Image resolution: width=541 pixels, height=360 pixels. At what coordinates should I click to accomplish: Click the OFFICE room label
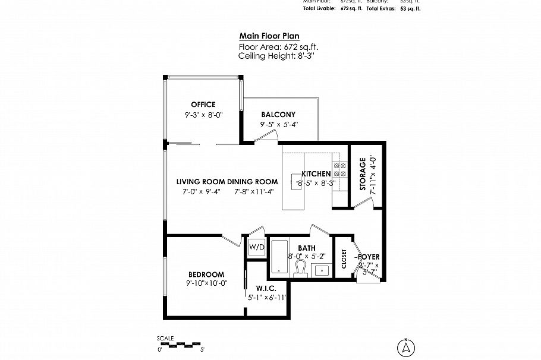203,105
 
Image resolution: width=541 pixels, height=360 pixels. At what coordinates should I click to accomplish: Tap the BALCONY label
278,114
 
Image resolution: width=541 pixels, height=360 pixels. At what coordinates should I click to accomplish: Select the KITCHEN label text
316,173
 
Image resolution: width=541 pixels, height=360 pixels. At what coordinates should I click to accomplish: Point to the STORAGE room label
363,175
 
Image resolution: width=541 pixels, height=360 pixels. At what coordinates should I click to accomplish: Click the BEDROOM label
206,274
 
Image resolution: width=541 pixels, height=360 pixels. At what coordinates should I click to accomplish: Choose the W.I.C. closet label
267,289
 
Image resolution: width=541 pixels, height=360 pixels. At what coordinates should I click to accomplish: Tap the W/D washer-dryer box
257,247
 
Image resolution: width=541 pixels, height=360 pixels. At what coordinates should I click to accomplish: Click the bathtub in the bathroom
279,257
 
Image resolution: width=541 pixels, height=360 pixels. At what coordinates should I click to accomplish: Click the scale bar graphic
181,344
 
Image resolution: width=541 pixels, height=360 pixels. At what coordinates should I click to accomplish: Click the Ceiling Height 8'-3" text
275,55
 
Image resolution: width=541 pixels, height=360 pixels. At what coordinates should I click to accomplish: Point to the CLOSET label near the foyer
344,258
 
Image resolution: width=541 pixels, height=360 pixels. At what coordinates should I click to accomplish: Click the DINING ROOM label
253,182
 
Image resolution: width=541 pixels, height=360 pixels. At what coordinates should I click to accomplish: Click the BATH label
307,248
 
